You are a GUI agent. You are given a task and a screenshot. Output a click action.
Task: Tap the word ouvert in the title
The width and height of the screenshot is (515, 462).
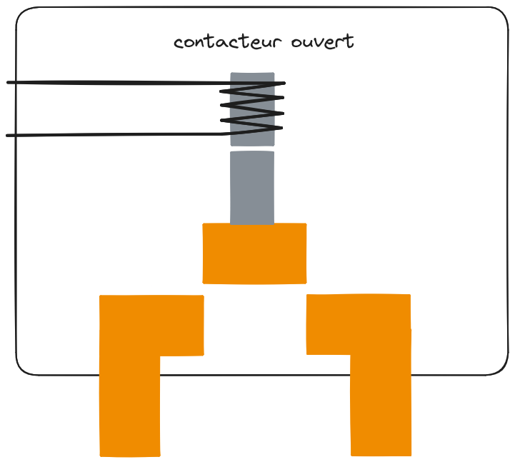pyautogui.click(x=322, y=42)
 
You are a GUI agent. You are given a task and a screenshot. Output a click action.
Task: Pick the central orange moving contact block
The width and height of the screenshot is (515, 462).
pyautogui.click(x=254, y=253)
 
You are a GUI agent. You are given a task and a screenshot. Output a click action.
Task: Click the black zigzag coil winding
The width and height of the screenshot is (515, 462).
pyautogui.click(x=252, y=107)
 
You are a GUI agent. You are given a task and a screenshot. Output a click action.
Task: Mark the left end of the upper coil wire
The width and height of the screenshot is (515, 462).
pyautogui.click(x=9, y=83)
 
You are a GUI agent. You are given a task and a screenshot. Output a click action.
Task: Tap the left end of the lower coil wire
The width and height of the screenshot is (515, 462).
pyautogui.click(x=9, y=135)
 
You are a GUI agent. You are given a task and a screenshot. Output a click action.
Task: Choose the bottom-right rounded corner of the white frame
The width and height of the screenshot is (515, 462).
pyautogui.click(x=500, y=367)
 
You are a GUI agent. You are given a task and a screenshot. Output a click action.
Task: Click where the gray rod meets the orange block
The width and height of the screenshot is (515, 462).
pyautogui.click(x=252, y=224)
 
